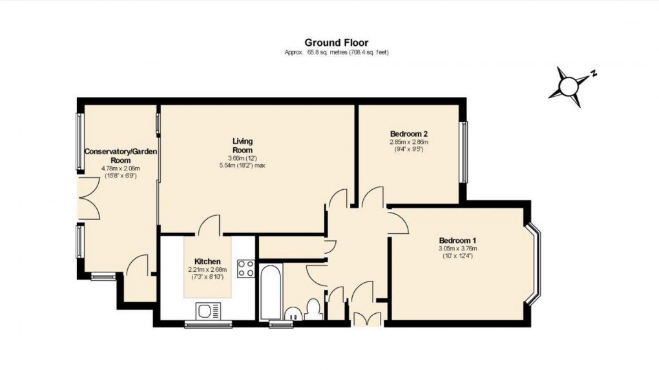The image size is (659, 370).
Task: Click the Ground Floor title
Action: point(336,43)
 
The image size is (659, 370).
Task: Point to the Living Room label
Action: point(243,145)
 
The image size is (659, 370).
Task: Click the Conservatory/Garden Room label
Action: point(121,156)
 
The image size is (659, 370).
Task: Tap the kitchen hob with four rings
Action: point(246,268)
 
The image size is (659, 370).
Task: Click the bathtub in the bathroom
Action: point(270,291)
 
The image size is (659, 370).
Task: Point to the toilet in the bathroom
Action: point(315,309)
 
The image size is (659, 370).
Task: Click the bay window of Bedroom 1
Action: point(534,263)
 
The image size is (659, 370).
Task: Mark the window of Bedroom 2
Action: point(463,152)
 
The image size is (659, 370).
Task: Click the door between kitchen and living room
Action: point(209,226)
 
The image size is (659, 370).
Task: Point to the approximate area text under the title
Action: point(336,53)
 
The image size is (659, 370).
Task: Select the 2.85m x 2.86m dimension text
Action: point(408,143)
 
